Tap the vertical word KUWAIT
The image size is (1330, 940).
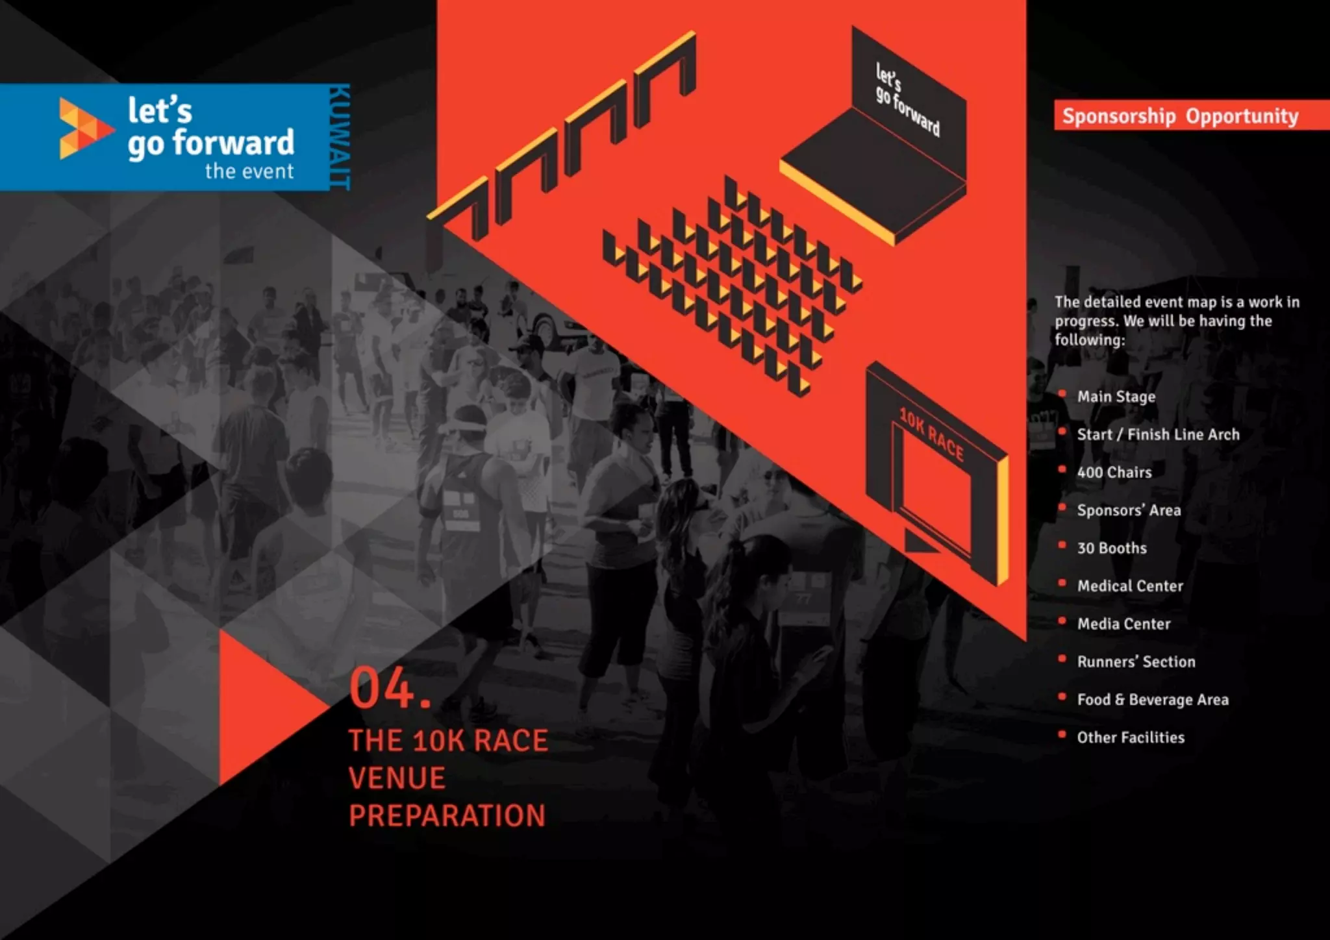click(x=339, y=137)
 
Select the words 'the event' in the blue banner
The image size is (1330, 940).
click(x=249, y=171)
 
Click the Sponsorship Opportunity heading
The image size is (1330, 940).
click(x=1180, y=116)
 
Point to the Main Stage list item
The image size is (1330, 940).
click(x=1116, y=397)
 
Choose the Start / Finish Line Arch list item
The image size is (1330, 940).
click(x=1158, y=434)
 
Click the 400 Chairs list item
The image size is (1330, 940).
click(x=1114, y=473)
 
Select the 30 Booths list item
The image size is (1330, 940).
click(x=1111, y=548)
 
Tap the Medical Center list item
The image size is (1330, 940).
click(x=1130, y=586)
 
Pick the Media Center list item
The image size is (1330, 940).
click(x=1123, y=624)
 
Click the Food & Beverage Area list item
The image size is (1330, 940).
click(x=1152, y=700)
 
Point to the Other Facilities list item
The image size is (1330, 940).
click(x=1130, y=737)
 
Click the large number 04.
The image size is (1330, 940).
click(x=389, y=689)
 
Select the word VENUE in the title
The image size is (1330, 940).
click(x=397, y=778)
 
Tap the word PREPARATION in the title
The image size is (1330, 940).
click(x=447, y=816)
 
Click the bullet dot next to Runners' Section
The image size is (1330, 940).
click(x=1062, y=659)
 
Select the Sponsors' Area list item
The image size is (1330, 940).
click(x=1129, y=510)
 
